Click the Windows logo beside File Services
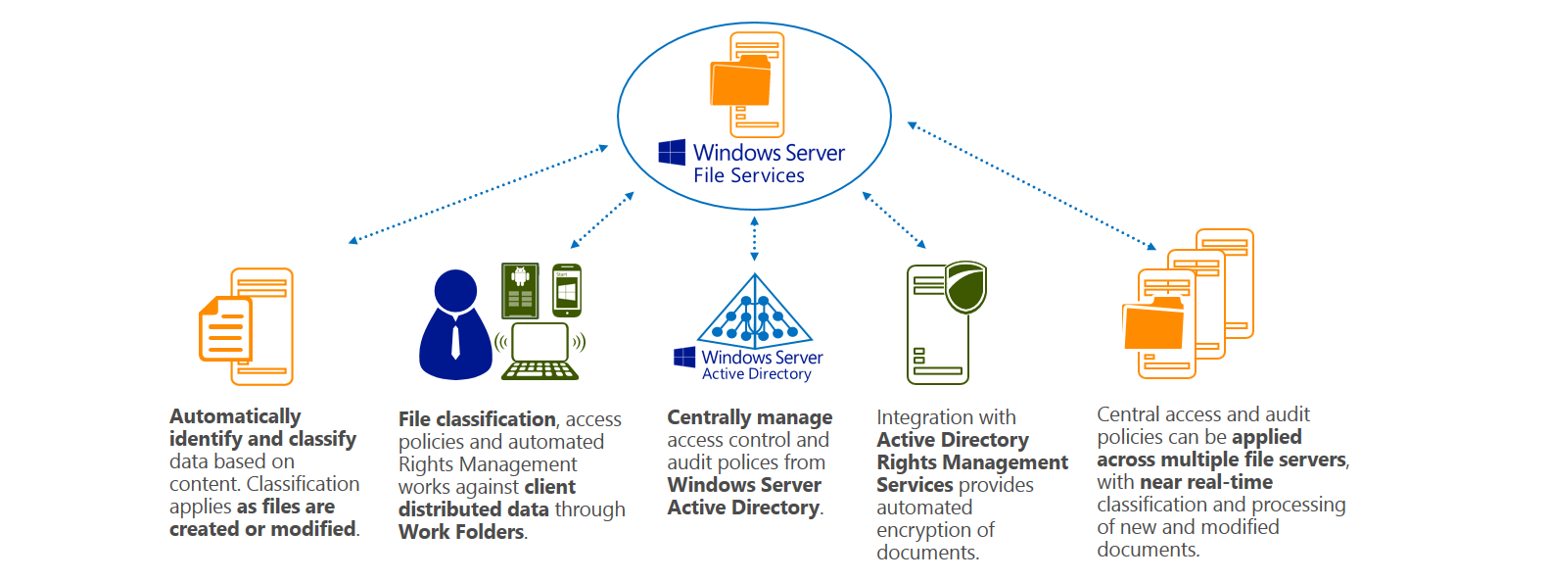click(672, 152)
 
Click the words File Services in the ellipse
click(749, 175)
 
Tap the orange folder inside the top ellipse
click(740, 82)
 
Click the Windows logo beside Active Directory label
click(684, 358)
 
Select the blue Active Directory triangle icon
click(755, 314)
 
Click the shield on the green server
click(966, 286)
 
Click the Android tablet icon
click(520, 290)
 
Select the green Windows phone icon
click(567, 290)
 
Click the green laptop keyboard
click(540, 370)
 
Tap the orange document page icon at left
click(225, 330)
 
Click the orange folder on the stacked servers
click(1153, 326)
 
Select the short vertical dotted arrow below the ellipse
click(754, 238)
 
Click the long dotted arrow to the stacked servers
click(1032, 185)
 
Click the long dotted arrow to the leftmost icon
click(478, 193)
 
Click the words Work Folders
click(461, 532)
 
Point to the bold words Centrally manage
click(749, 418)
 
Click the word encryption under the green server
click(935, 530)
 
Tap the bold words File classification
click(477, 419)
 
